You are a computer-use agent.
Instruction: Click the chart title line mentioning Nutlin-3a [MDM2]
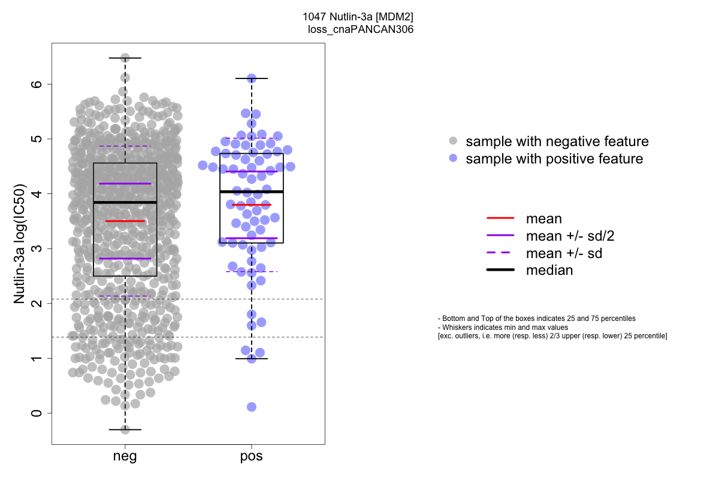(358, 17)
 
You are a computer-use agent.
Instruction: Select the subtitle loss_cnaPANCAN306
(360, 29)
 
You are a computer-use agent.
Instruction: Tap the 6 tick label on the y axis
(37, 84)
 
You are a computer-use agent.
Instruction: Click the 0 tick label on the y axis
(37, 413)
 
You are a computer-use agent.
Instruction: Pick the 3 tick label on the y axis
(37, 248)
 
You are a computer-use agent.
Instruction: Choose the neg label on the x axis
(125, 457)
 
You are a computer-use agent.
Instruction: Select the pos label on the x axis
(252, 457)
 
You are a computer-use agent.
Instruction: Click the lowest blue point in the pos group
(252, 407)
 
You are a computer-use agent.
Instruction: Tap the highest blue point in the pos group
(252, 78)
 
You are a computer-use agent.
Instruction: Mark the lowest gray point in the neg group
(125, 429)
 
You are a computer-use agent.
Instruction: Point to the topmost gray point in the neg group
(125, 58)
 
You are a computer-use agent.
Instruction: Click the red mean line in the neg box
(125, 221)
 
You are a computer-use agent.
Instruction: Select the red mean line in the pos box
(252, 205)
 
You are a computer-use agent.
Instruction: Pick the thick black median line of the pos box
(252, 192)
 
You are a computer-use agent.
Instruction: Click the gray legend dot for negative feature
(454, 141)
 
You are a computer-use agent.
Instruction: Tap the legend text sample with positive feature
(554, 159)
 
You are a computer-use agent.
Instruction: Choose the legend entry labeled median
(549, 270)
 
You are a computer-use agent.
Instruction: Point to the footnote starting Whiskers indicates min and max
(503, 328)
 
